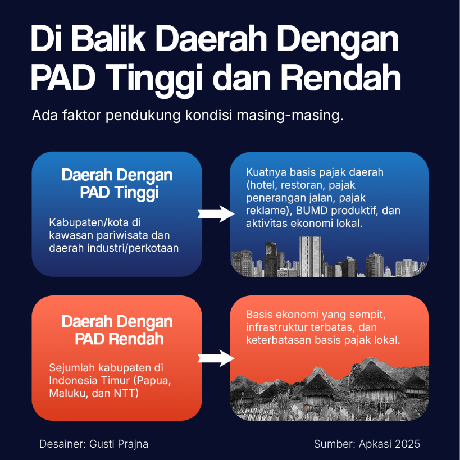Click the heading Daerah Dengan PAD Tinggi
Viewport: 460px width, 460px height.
[x=117, y=184]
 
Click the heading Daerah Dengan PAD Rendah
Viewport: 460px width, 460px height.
[x=117, y=331]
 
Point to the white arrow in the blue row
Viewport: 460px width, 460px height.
[x=215, y=213]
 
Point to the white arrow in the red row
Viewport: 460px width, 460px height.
[x=215, y=358]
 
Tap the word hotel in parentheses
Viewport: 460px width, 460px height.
[x=262, y=184]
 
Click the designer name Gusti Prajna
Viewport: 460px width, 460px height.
[x=119, y=444]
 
